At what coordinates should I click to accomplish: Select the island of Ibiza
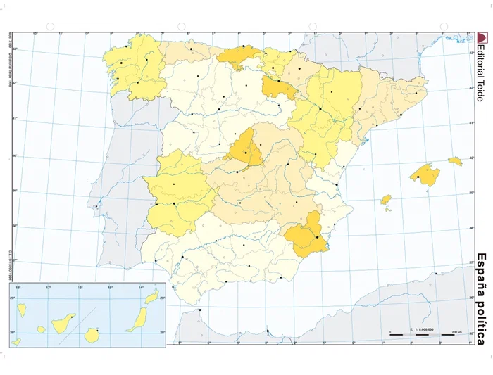pos(386,201)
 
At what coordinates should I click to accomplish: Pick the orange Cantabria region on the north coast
pos(240,56)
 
